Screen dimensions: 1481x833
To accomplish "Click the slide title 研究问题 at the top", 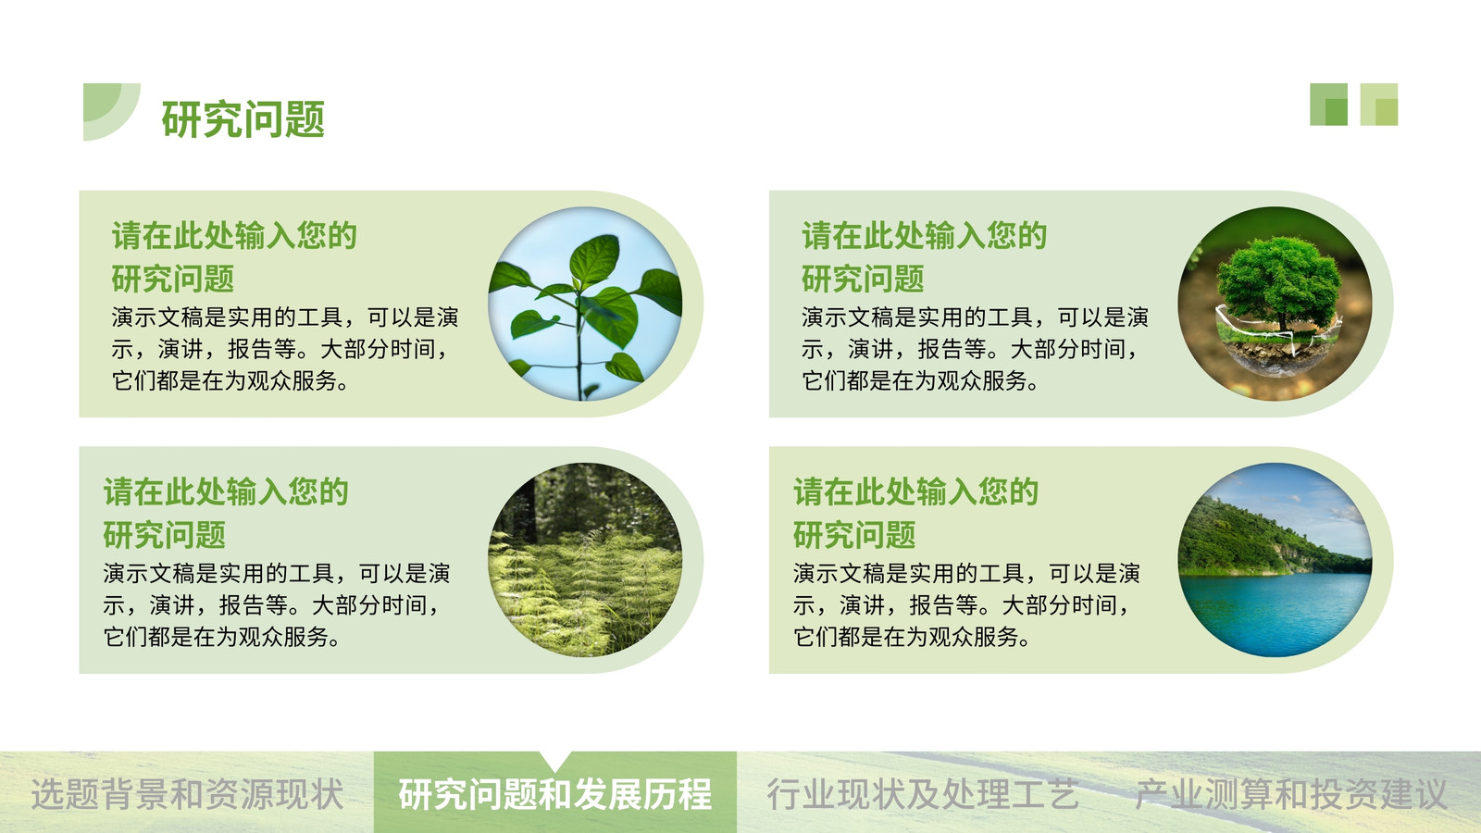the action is [x=243, y=119].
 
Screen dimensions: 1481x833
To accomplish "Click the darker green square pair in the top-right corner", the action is [x=1329, y=105].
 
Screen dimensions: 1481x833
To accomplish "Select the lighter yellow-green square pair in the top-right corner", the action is [x=1379, y=105].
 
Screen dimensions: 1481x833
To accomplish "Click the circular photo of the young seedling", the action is [x=585, y=305].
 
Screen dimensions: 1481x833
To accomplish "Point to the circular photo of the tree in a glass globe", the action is [x=1275, y=305].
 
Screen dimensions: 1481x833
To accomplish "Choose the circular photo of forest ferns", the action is [x=585, y=560].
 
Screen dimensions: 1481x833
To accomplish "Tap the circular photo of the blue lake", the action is [x=1275, y=560].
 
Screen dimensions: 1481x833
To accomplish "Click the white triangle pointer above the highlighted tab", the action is [x=555, y=759].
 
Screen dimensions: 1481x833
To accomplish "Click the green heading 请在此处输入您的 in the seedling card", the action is [x=234, y=236].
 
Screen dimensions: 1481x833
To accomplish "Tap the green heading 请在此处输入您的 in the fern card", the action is [x=226, y=491].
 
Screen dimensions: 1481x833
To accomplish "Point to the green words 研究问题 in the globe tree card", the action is [x=862, y=279].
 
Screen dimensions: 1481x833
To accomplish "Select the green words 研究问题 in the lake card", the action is [x=854, y=535].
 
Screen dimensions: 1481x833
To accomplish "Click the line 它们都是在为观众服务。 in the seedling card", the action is [x=230, y=381].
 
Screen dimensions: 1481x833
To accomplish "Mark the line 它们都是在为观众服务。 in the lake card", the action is [x=912, y=638].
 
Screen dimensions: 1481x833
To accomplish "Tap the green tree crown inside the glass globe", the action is [x=1279, y=281].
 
